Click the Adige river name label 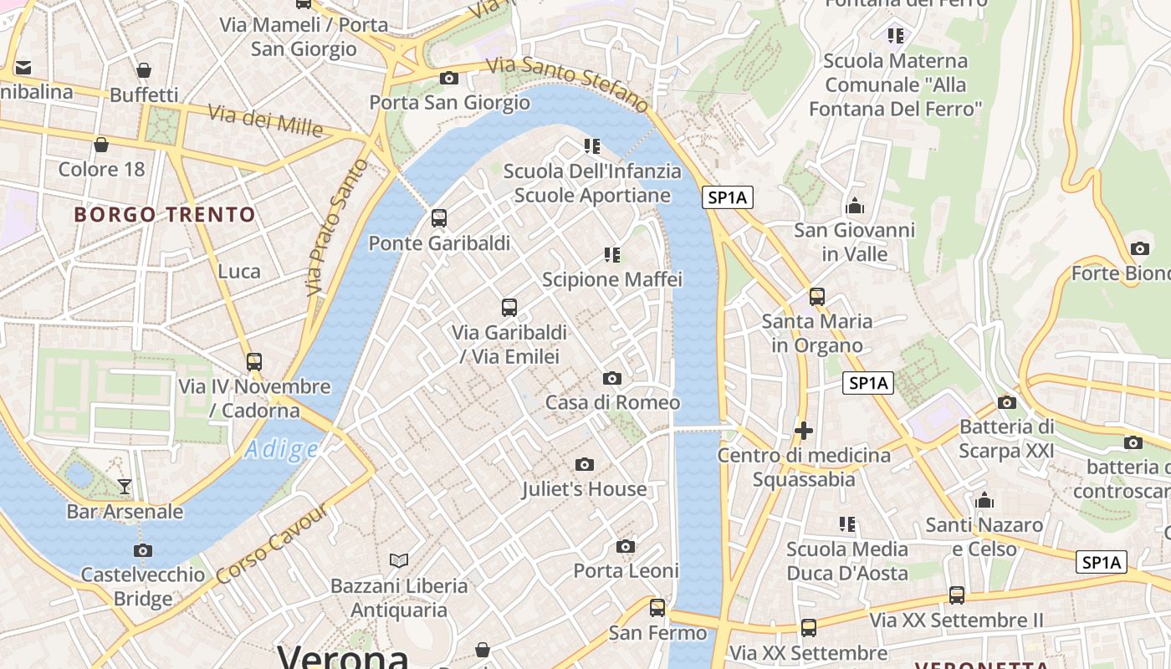tap(281, 450)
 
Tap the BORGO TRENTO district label tap(165, 215)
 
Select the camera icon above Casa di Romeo tap(612, 379)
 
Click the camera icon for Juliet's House tap(585, 464)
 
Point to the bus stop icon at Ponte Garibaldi tap(439, 219)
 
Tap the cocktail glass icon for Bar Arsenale tap(125, 486)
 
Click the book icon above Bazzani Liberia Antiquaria tap(399, 560)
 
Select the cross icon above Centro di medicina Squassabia tap(804, 431)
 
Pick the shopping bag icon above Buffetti tap(144, 70)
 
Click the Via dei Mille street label tap(264, 120)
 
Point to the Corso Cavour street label tap(272, 544)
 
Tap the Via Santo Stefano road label tap(568, 84)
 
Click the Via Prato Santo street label tap(336, 227)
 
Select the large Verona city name tap(343, 656)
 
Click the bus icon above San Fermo tap(657, 608)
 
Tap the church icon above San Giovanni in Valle tap(855, 206)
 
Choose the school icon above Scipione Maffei tap(612, 254)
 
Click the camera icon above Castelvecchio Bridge tap(143, 550)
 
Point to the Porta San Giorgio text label tap(450, 103)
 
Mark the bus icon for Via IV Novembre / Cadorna tap(254, 362)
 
